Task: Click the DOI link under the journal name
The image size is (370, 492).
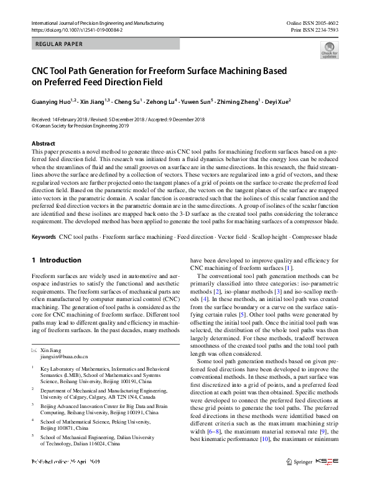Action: click(76, 30)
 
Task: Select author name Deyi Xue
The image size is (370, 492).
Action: click(277, 101)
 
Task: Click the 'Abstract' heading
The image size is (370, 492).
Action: click(44, 144)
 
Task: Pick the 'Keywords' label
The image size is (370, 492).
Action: click(44, 238)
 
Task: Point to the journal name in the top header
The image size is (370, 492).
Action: click(97, 23)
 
